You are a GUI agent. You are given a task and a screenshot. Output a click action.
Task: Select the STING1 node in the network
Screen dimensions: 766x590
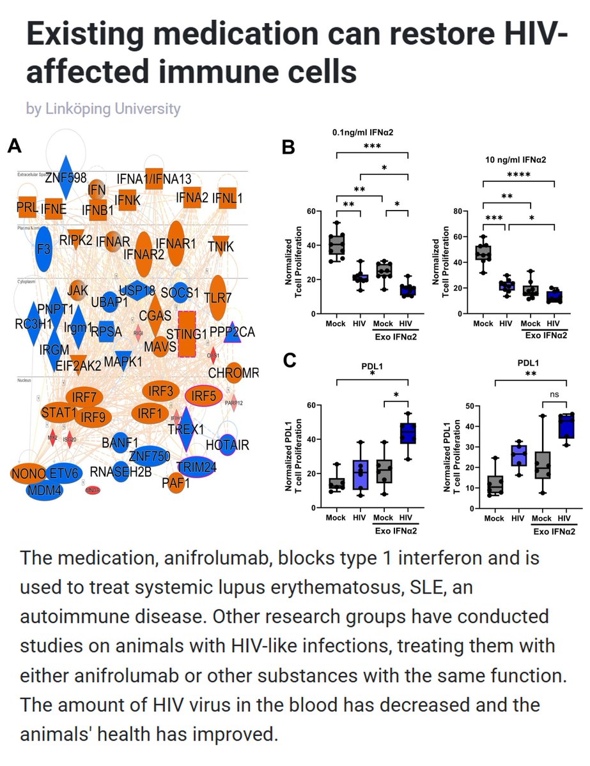tap(187, 333)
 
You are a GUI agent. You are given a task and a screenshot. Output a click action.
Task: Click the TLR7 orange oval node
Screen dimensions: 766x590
tap(217, 296)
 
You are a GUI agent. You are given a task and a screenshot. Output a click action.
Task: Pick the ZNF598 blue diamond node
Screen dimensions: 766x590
tap(66, 178)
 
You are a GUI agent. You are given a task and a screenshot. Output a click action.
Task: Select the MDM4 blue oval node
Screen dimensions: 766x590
tap(45, 491)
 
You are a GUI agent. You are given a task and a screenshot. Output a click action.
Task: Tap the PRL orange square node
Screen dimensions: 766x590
tap(26, 206)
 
